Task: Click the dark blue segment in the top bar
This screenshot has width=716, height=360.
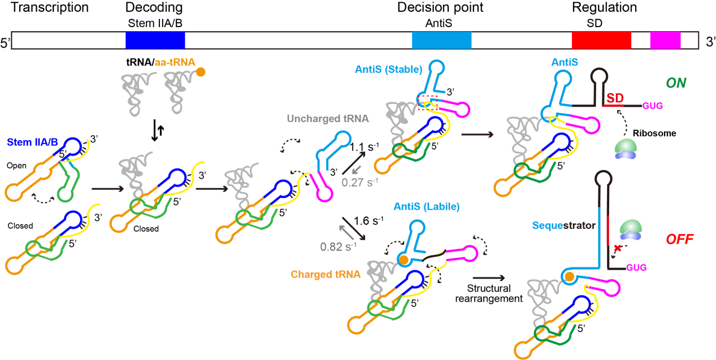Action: [155, 40]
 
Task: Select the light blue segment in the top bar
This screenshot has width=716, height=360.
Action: [441, 40]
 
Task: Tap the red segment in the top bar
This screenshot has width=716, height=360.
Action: [601, 40]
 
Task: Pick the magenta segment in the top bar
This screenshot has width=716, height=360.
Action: [665, 40]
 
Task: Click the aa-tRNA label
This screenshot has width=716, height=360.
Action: [175, 63]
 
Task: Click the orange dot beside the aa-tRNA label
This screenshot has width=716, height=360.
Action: [201, 72]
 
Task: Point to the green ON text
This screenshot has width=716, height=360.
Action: [676, 83]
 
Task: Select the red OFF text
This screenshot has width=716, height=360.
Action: [679, 239]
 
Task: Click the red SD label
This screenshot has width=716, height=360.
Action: [615, 98]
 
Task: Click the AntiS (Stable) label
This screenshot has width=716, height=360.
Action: [388, 70]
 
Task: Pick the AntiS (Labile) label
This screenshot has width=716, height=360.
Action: [427, 207]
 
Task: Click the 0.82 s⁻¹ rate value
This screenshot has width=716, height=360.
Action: [339, 246]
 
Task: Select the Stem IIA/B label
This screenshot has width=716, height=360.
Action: [33, 141]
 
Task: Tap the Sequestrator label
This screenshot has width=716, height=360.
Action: [563, 225]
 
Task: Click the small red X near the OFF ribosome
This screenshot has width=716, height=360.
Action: [618, 248]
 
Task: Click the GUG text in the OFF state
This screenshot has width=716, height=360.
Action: [636, 267]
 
